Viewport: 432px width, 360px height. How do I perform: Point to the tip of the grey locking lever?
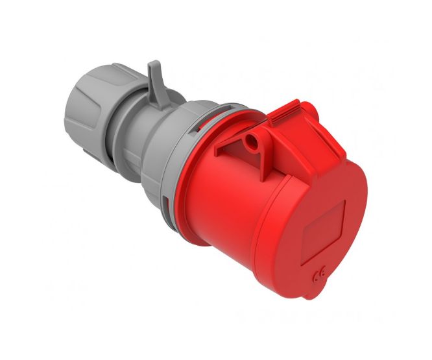pos(153,65)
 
